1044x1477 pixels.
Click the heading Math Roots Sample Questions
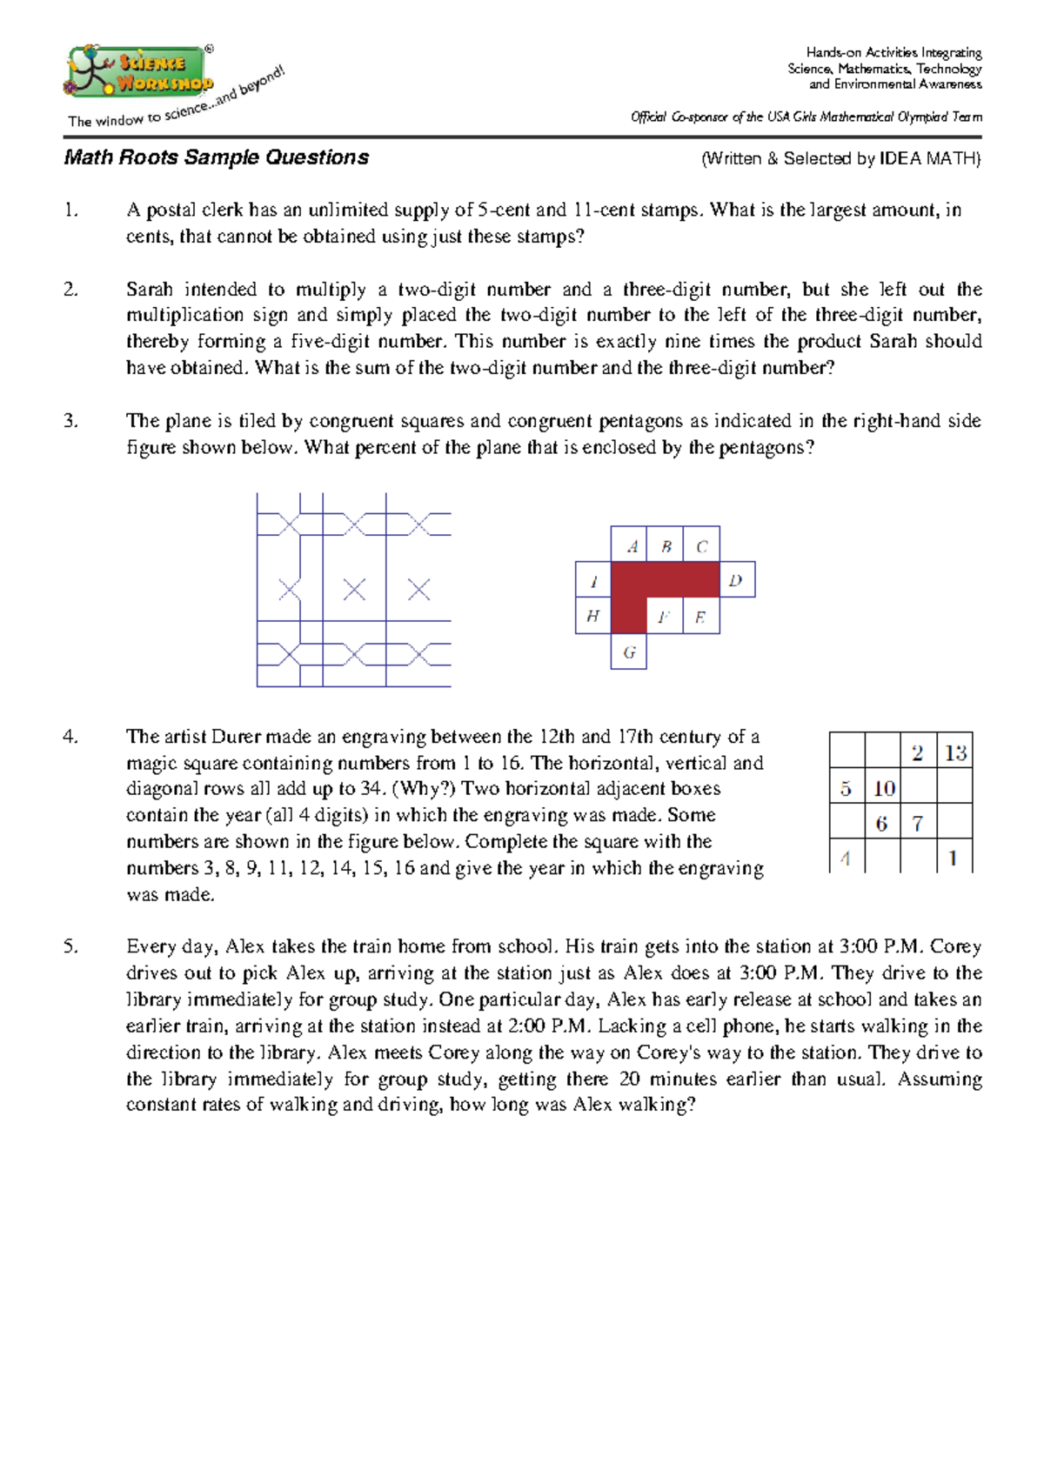coord(216,157)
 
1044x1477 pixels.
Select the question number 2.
coord(70,290)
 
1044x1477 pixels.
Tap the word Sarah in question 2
coord(149,290)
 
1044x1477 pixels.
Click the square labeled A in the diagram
coord(629,545)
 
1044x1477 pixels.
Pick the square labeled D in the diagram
coord(736,580)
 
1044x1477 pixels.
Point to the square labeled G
coord(629,652)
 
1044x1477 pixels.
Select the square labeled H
coord(593,616)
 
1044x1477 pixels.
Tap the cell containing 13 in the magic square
coord(954,753)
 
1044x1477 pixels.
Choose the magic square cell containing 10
coord(883,789)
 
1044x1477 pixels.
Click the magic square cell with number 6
coord(882,823)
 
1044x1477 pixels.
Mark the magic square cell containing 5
coord(847,789)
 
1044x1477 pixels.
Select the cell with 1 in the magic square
coord(954,858)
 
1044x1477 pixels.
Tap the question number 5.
coord(70,946)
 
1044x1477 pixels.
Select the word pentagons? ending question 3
coord(766,448)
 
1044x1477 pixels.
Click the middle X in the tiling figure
coord(354,590)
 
